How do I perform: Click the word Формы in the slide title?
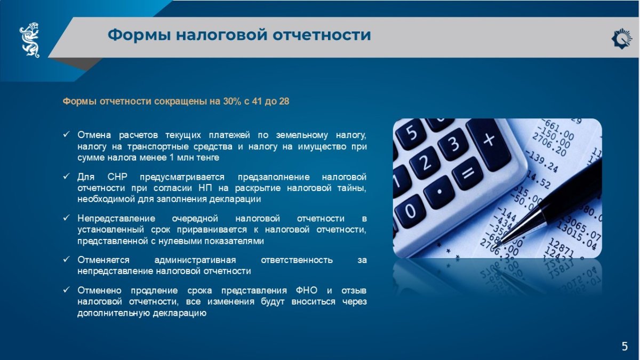tap(139, 35)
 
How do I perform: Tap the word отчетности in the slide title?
tap(322, 35)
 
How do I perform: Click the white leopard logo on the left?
tap(29, 40)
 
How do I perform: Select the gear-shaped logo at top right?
tap(622, 38)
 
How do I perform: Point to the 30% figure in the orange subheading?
tap(233, 101)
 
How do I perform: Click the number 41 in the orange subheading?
tap(257, 101)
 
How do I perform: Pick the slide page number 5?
tap(625, 346)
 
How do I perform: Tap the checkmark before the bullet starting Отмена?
tap(66, 134)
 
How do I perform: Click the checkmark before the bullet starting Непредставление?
tap(66, 218)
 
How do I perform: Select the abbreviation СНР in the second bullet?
tap(117, 177)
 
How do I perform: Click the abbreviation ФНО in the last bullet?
tap(307, 290)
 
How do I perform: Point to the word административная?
tap(195, 260)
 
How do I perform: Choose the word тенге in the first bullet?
tap(207, 158)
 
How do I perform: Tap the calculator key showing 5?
tap(411, 133)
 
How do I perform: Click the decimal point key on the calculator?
tap(438, 192)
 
